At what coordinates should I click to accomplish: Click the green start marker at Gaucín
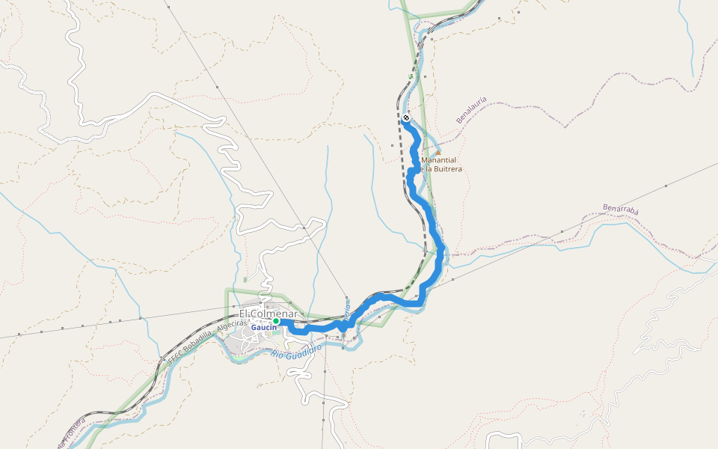(x=275, y=321)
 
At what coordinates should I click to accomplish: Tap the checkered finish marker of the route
(x=406, y=118)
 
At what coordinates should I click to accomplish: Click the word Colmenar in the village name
(x=275, y=314)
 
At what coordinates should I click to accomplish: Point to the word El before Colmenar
(x=244, y=314)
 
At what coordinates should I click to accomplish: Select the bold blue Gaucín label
(x=263, y=328)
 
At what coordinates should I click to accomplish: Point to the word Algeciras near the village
(x=227, y=327)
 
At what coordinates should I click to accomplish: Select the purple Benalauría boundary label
(x=471, y=109)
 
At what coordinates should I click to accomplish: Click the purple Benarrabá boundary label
(x=621, y=209)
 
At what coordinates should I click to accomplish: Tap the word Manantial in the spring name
(x=440, y=160)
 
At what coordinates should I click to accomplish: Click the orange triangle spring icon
(x=438, y=152)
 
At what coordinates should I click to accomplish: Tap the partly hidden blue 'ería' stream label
(x=347, y=308)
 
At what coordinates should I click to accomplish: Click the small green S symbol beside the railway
(x=411, y=76)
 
